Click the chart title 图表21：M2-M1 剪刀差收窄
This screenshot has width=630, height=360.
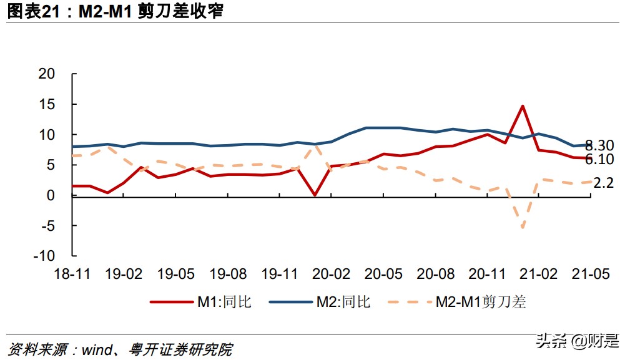coord(116,11)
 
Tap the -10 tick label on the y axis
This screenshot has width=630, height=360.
coord(61,256)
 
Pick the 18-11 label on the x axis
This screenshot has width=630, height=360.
coord(73,274)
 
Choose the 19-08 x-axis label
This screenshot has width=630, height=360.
coord(228,274)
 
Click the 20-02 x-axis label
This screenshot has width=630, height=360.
coord(332,274)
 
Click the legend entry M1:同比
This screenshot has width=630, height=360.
coord(200,303)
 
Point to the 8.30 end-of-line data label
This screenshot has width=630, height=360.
coord(599,145)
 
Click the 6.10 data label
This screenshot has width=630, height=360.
coord(599,159)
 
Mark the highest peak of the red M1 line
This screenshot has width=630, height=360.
coord(522,106)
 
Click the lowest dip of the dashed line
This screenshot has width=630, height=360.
coord(522,227)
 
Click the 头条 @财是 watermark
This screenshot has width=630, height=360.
coord(578,341)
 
